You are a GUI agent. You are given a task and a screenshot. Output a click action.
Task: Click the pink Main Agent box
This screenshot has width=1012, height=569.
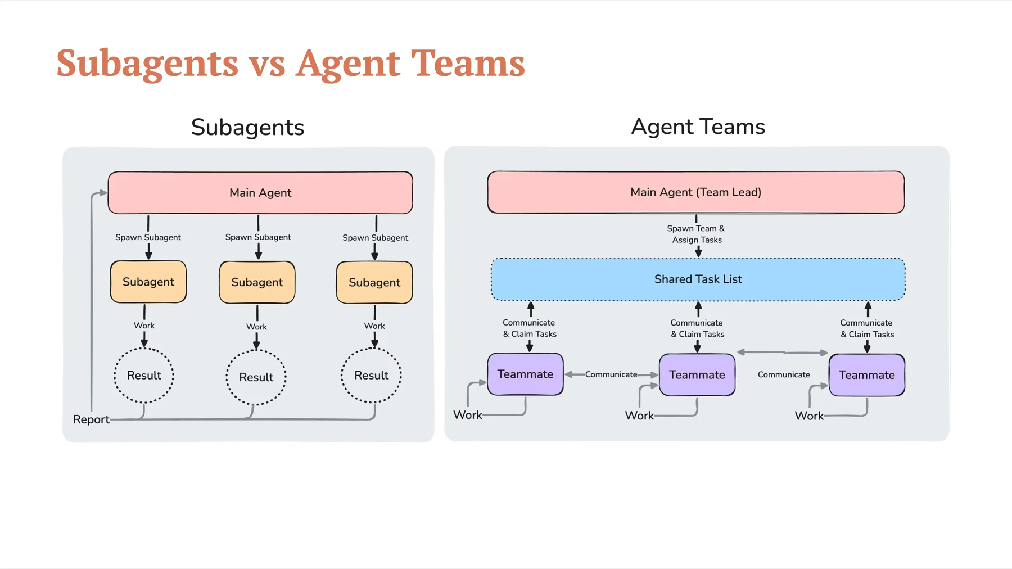pyautogui.click(x=260, y=193)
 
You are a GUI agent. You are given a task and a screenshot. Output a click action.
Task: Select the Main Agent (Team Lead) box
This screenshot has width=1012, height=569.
pyautogui.click(x=695, y=192)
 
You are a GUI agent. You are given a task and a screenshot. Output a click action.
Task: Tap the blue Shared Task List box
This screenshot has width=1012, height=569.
pyautogui.click(x=698, y=279)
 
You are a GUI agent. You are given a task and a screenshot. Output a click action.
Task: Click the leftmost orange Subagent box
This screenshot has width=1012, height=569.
pyautogui.click(x=148, y=282)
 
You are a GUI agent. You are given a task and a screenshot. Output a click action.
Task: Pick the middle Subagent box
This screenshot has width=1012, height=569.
pyautogui.click(x=257, y=282)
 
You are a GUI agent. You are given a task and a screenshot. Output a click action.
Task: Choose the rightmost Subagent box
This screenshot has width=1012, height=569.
pyautogui.click(x=374, y=282)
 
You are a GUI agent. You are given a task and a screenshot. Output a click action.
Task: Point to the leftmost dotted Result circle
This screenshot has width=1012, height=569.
pyautogui.click(x=144, y=376)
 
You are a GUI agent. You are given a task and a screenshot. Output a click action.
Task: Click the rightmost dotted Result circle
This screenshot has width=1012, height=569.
pyautogui.click(x=371, y=376)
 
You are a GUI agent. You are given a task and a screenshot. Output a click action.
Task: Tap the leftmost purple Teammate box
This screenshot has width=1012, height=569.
pyautogui.click(x=525, y=374)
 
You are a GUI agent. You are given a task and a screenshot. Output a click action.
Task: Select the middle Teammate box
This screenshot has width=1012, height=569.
pyautogui.click(x=697, y=375)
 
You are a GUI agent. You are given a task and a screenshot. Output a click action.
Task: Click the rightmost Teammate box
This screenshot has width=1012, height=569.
pyautogui.click(x=866, y=375)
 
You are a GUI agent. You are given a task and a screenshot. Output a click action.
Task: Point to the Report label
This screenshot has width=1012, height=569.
pyautogui.click(x=91, y=419)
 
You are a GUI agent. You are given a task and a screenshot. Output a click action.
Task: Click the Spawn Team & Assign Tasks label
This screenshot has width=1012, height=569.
pyautogui.click(x=696, y=234)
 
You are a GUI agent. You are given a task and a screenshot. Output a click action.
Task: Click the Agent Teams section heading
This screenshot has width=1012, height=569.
pyautogui.click(x=698, y=127)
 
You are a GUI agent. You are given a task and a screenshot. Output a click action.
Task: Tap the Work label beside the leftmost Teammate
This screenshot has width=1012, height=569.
pyautogui.click(x=468, y=415)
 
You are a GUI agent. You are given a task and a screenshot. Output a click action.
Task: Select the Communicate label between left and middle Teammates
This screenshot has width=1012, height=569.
pyautogui.click(x=611, y=374)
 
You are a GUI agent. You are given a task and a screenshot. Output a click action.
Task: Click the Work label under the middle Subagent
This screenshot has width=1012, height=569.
pyautogui.click(x=256, y=327)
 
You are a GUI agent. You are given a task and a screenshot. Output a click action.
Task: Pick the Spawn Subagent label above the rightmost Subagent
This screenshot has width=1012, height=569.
pyautogui.click(x=375, y=238)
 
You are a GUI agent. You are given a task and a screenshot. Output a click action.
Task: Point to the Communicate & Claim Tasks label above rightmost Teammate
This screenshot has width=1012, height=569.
pyautogui.click(x=867, y=328)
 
